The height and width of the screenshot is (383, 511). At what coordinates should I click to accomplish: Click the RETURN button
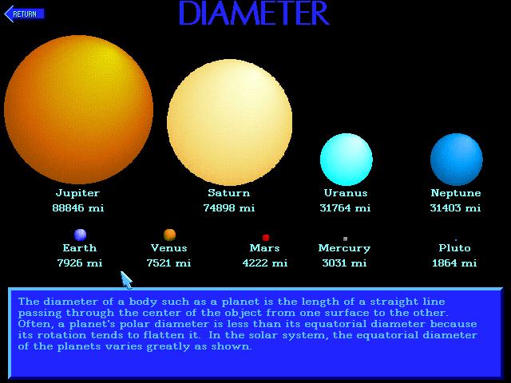(24, 14)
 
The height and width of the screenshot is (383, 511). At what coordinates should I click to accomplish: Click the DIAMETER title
(254, 13)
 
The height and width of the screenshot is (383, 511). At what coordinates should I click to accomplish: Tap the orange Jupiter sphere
(78, 109)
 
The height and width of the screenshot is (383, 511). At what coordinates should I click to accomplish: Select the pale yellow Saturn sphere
(229, 122)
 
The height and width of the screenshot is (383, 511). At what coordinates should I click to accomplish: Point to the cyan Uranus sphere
(346, 160)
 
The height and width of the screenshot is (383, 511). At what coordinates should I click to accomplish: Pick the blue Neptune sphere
(456, 160)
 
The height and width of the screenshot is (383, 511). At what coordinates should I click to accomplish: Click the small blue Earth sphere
(80, 235)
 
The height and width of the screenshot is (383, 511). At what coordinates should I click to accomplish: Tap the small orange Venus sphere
(169, 235)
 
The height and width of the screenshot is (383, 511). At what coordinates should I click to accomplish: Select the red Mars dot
(266, 238)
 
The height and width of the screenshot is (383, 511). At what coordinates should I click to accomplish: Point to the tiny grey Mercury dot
(345, 239)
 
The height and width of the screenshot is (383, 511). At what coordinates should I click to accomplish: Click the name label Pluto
(454, 248)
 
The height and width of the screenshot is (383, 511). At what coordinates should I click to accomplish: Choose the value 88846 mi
(78, 207)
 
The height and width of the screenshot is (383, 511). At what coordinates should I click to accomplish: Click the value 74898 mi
(229, 207)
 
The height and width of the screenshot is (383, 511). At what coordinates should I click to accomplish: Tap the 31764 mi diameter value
(345, 207)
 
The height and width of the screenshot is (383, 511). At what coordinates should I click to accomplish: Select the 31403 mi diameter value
(455, 207)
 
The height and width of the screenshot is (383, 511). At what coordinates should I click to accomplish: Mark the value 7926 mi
(80, 263)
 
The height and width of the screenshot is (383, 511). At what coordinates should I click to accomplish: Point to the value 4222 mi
(265, 263)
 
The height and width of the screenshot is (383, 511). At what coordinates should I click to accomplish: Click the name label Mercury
(344, 248)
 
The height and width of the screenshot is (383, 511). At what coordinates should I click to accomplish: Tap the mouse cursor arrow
(126, 280)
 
